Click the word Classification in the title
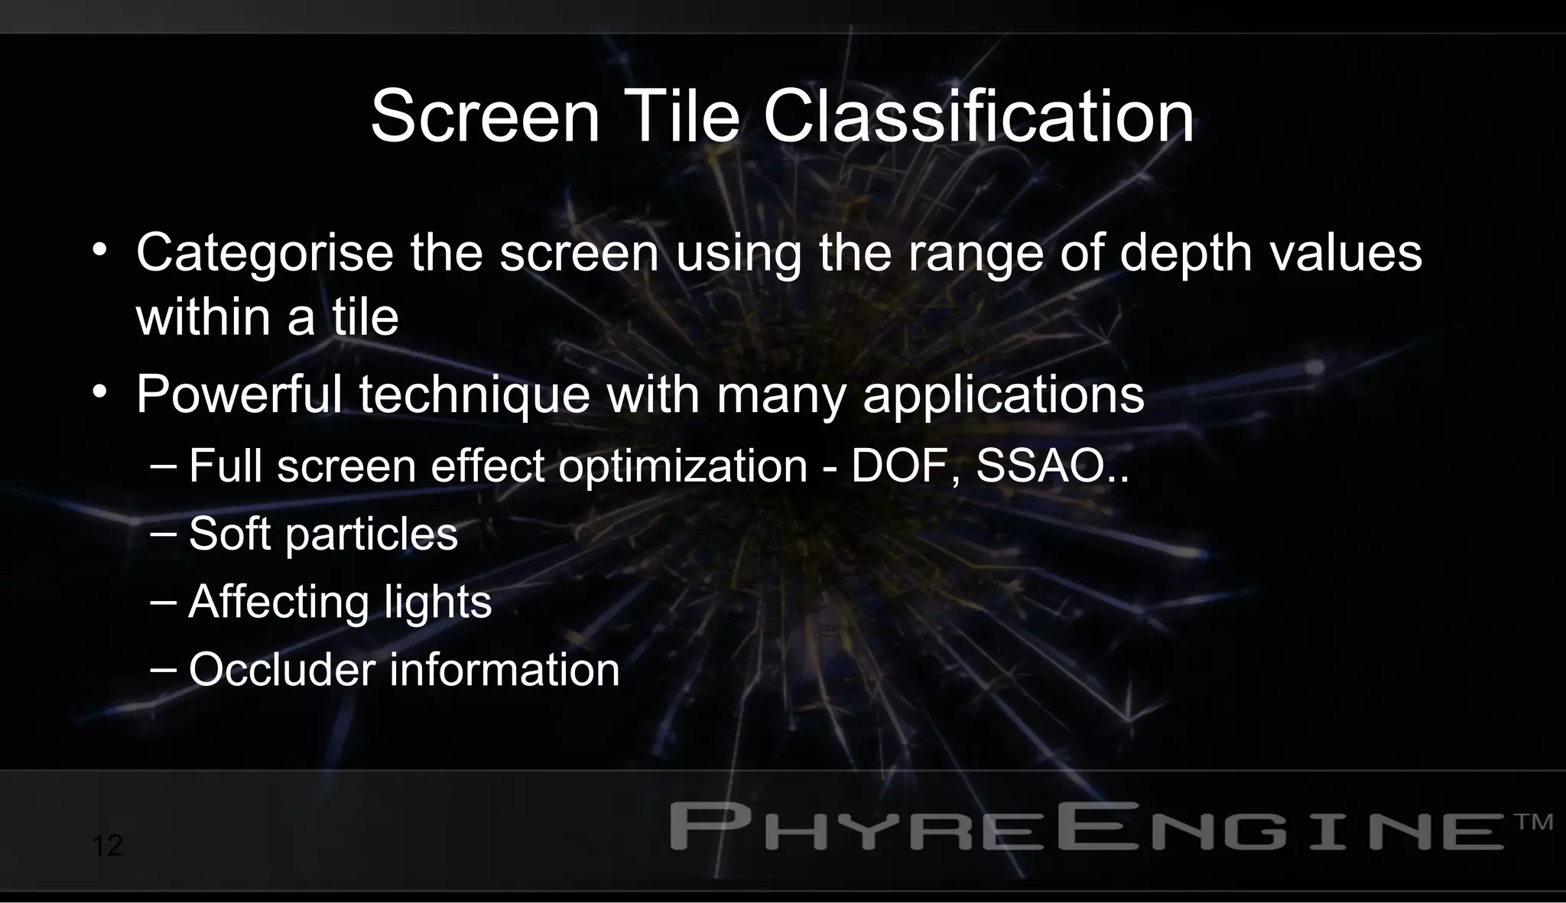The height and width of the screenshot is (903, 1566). [978, 117]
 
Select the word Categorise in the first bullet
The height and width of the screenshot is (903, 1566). [265, 253]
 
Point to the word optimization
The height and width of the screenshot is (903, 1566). [682, 466]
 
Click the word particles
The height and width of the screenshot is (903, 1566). [371, 534]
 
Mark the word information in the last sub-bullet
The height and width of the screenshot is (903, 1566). [505, 670]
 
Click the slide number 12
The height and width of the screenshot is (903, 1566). [107, 846]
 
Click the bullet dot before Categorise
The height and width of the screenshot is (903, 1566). [99, 250]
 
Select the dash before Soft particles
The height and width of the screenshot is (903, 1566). [164, 532]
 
